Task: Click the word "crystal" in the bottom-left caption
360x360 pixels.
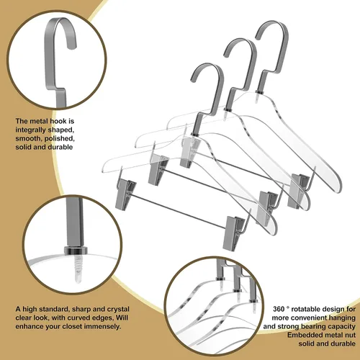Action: coord(116,309)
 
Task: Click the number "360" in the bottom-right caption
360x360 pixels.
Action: coord(279,309)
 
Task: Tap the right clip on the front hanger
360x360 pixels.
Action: coord(234,233)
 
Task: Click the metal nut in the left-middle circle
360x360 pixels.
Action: coord(76,251)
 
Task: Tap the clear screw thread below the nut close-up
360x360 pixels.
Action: coord(76,269)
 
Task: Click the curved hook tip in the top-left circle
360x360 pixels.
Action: coord(72,45)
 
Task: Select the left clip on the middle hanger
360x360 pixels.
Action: coord(158,170)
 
